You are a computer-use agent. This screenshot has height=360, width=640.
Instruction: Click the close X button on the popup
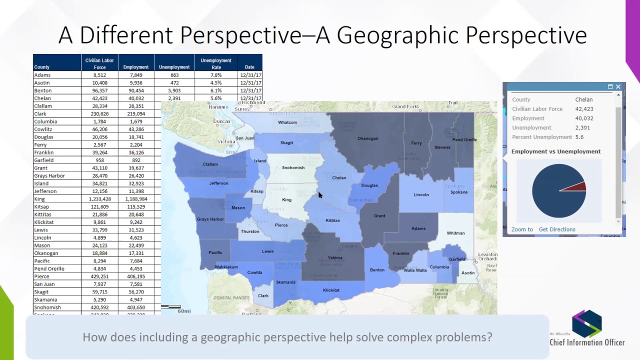pos(618,87)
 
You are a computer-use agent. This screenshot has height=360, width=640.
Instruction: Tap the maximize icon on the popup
pos(610,87)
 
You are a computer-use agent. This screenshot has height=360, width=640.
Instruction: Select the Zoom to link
pos(522,229)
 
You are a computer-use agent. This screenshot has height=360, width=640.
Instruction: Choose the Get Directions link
pos(557,229)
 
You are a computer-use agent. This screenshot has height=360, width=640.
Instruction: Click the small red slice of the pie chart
pos(578,187)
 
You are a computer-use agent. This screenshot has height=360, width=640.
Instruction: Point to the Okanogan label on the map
pos(367,138)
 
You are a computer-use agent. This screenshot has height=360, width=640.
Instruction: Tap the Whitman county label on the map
pos(455,233)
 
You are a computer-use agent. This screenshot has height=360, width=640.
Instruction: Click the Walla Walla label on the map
pos(415,270)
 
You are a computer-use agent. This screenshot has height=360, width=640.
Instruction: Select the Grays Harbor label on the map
pos(210,219)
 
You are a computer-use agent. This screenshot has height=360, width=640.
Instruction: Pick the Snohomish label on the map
pos(293,167)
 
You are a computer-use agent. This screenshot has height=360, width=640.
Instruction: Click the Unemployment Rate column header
pos(216,63)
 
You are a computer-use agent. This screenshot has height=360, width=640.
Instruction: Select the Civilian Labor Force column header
pos(99,63)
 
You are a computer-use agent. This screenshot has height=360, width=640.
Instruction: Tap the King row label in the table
pos(39,199)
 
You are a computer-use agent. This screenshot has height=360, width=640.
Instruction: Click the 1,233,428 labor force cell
pos(100,199)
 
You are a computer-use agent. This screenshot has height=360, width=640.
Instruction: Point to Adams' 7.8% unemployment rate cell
pos(216,75)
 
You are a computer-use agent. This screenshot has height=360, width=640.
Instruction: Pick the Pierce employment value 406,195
pos(136,276)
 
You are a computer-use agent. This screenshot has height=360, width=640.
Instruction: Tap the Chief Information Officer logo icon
pos(587,323)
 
